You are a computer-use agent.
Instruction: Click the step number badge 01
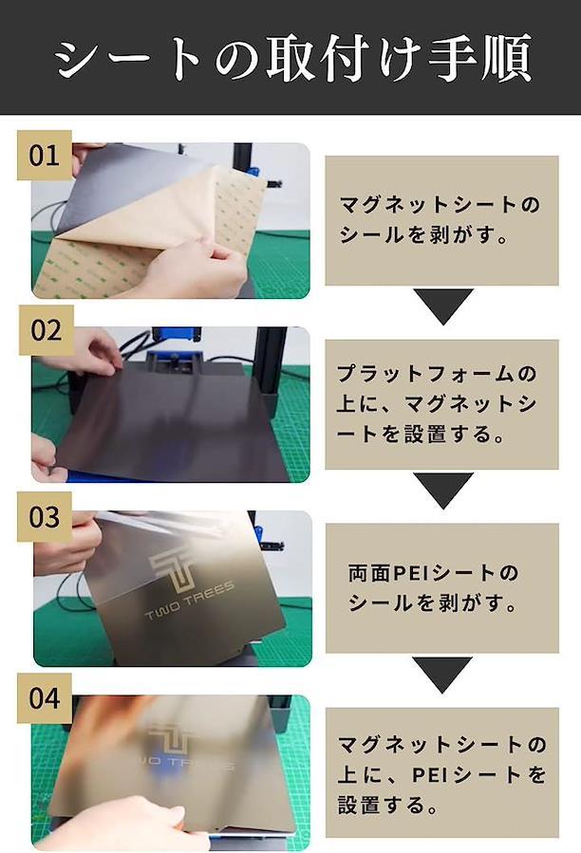(45, 155)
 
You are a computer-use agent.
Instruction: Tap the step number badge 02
(47, 330)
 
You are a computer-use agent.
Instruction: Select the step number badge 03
(45, 517)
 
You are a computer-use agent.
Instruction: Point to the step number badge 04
(45, 698)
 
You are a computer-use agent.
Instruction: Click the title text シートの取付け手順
(293, 58)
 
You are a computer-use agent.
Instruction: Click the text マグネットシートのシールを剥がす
(439, 220)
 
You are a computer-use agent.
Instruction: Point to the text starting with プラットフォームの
(438, 404)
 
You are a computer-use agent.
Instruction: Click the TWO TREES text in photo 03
(190, 600)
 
